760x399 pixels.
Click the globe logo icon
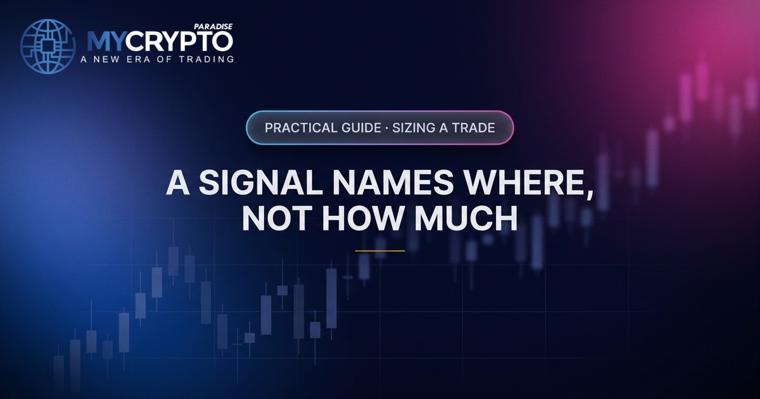pos(48,46)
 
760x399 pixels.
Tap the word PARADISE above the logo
pos(213,27)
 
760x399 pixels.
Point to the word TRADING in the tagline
pos(206,60)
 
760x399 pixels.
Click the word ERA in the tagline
pos(139,60)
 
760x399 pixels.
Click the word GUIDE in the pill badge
pos(361,128)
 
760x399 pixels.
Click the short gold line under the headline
pos(380,251)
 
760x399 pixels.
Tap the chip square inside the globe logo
pos(48,46)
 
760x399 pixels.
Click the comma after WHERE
pos(589,193)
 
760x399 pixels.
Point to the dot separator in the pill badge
pos(387,128)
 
